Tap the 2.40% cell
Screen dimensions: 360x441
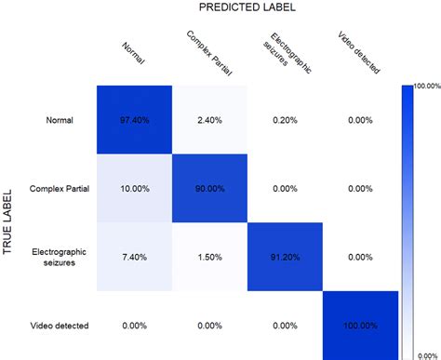210,119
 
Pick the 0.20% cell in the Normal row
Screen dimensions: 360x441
286,119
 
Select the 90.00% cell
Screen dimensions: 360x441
210,189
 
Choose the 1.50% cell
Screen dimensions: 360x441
210,257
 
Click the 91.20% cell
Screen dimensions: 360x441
286,257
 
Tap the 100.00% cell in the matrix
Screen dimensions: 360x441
361,327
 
